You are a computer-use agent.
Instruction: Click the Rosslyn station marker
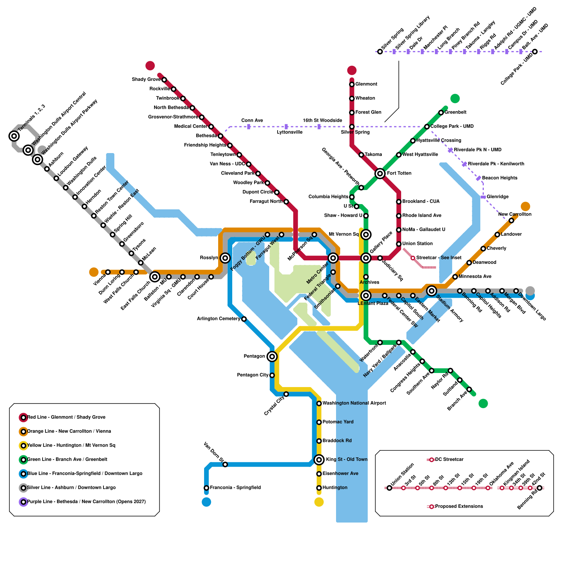pyautogui.click(x=225, y=258)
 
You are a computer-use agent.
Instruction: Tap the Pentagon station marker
pyautogui.click(x=272, y=356)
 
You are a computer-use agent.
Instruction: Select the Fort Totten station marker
pyautogui.click(x=380, y=173)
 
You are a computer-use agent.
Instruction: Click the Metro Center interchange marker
pyautogui.click(x=333, y=258)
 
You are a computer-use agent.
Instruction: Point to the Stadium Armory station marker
pyautogui.click(x=431, y=291)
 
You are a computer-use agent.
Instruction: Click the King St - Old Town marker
pyautogui.click(x=319, y=460)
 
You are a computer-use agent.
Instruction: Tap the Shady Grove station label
pyautogui.click(x=146, y=80)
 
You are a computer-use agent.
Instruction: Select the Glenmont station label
pyautogui.click(x=366, y=84)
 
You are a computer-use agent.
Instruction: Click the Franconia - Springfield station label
pyautogui.click(x=235, y=488)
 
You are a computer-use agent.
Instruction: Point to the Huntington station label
pyautogui.click(x=335, y=488)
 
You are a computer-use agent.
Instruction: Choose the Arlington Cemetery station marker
pyautogui.click(x=244, y=319)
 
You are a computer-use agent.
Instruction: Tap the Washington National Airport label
pyautogui.click(x=354, y=403)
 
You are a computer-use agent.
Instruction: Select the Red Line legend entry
pyautogui.click(x=66, y=417)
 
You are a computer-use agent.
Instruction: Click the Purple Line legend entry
pyautogui.click(x=86, y=502)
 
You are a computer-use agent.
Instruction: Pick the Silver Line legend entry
pyautogui.click(x=71, y=488)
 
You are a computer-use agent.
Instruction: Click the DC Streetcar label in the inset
pyautogui.click(x=449, y=460)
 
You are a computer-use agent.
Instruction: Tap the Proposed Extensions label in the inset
pyautogui.click(x=459, y=506)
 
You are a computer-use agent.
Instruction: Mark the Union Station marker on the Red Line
pyautogui.click(x=399, y=244)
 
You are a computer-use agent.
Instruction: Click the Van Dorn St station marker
pyautogui.click(x=225, y=464)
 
